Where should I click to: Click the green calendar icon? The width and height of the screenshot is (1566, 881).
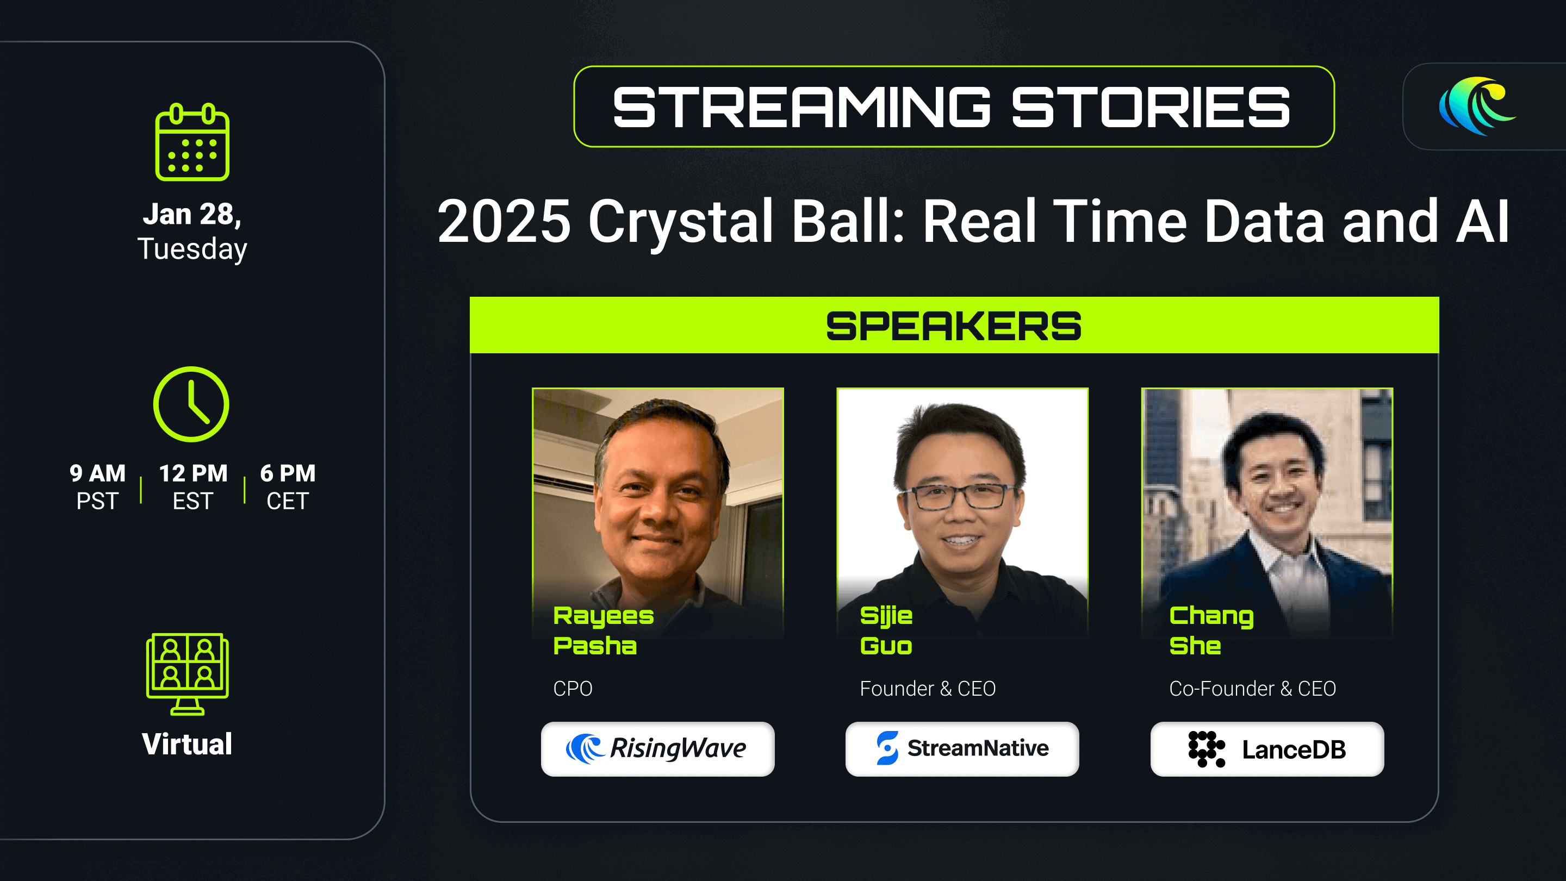coord(192,142)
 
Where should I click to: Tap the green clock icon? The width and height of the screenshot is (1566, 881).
coord(191,404)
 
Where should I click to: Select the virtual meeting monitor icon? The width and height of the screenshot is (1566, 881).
coord(187,674)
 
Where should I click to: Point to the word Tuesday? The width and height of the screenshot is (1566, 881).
coord(192,249)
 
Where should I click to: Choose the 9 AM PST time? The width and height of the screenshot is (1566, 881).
coord(97,486)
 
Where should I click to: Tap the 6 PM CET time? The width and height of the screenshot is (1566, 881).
coord(288,486)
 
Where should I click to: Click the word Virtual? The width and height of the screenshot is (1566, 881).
coord(187,744)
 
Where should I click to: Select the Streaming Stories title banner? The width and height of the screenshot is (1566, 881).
coord(954,107)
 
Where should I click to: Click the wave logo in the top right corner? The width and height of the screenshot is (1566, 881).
coord(1477,106)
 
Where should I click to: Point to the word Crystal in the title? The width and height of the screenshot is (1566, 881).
coord(680,222)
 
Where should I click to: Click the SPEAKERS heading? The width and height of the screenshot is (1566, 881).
coord(954,326)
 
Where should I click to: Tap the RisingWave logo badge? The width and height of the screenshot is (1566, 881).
coord(658,748)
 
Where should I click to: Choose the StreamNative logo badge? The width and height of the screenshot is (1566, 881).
coord(962,748)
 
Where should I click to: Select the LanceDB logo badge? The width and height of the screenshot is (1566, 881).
coord(1267,748)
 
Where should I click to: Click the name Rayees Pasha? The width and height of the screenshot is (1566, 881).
coord(603,630)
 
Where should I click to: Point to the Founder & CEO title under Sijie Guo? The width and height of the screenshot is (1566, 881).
coord(928,689)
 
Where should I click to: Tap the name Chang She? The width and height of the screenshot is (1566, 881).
coord(1211,630)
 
